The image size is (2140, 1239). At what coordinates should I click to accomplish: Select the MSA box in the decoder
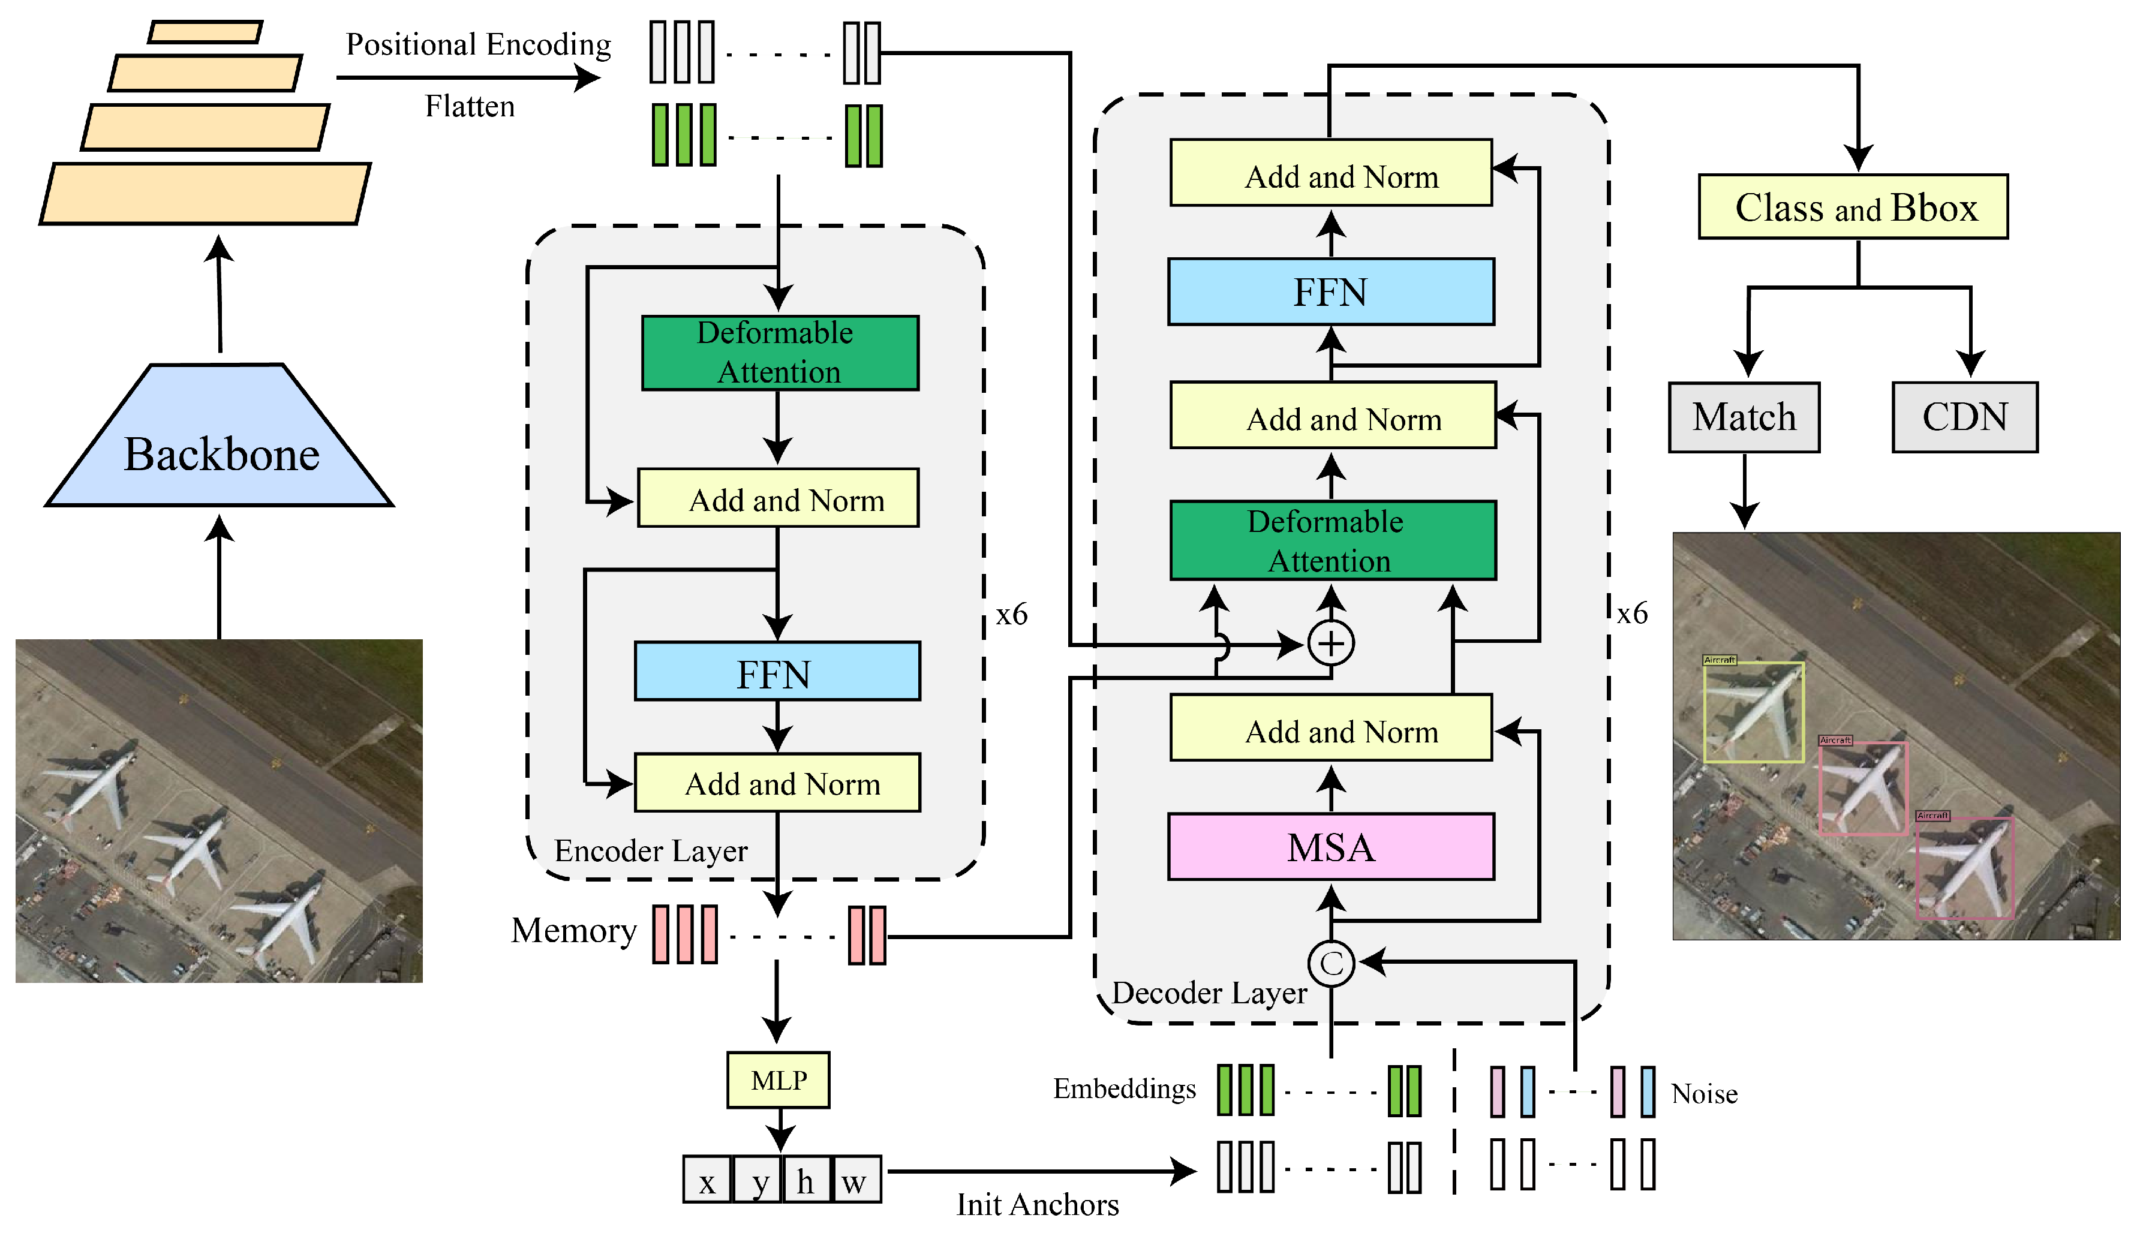click(1331, 847)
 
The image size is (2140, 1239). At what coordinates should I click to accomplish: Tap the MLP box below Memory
click(778, 1079)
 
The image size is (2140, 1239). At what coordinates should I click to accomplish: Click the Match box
click(1744, 417)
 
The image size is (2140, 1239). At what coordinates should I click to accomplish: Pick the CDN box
click(1964, 417)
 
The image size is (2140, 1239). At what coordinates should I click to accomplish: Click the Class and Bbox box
click(1853, 207)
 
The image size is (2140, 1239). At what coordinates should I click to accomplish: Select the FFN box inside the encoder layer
click(776, 671)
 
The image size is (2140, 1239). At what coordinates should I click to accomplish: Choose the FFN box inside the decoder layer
click(1331, 292)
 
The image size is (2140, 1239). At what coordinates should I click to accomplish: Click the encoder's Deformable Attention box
click(780, 353)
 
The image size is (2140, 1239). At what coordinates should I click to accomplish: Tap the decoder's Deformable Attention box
click(1333, 540)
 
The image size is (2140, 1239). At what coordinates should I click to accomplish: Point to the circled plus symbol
click(1331, 643)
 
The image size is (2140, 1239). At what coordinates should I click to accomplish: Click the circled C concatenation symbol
click(1331, 963)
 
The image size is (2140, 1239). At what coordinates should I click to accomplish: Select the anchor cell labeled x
click(707, 1180)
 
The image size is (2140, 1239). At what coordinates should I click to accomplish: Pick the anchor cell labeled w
click(855, 1180)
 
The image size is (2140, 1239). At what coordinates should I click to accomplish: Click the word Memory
click(573, 931)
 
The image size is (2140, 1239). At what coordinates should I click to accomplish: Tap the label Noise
click(1703, 1094)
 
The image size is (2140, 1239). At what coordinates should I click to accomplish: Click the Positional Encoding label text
click(478, 44)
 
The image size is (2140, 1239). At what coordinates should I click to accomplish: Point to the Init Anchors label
click(1037, 1204)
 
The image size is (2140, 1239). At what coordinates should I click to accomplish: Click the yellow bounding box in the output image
click(1754, 712)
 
